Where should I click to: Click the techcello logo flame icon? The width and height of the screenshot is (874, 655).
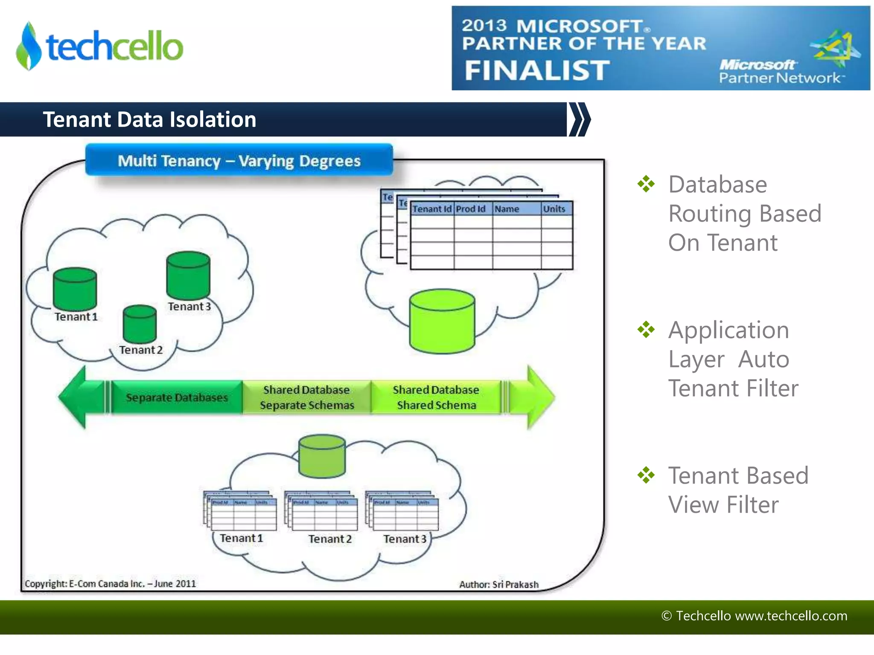tap(29, 46)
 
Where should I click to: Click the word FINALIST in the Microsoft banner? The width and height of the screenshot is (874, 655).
tap(537, 70)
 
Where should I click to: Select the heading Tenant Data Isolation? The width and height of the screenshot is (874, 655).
tap(149, 119)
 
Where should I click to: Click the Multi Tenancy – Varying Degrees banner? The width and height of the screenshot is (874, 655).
tap(239, 161)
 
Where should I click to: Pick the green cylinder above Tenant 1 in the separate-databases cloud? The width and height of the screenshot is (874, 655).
tap(75, 289)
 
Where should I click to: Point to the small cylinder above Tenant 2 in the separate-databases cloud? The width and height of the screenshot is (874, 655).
tap(140, 324)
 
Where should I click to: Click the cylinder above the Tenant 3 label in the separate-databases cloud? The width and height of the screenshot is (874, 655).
tap(188, 275)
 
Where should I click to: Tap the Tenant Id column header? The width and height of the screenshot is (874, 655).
tap(431, 209)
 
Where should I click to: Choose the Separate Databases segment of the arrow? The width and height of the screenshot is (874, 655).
tap(177, 397)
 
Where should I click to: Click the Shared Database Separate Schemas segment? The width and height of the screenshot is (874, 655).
tap(307, 397)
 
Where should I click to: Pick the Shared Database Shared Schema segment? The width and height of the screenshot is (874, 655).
tap(436, 397)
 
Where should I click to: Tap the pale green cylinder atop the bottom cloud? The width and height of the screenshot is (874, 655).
tap(322, 456)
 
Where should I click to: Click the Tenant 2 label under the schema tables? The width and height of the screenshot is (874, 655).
tap(330, 539)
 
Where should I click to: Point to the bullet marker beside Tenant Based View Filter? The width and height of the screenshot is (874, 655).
tap(646, 475)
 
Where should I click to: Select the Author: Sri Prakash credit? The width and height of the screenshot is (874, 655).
tap(498, 585)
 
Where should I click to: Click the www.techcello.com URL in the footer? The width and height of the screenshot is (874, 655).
tap(791, 616)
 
